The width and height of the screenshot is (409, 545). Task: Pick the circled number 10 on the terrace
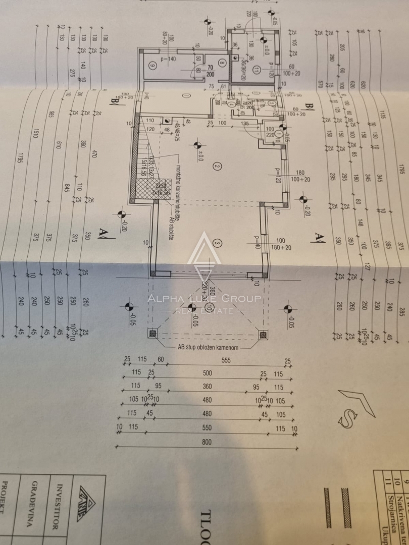click(x=209, y=307)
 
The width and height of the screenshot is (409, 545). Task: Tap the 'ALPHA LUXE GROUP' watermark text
click(x=204, y=299)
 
